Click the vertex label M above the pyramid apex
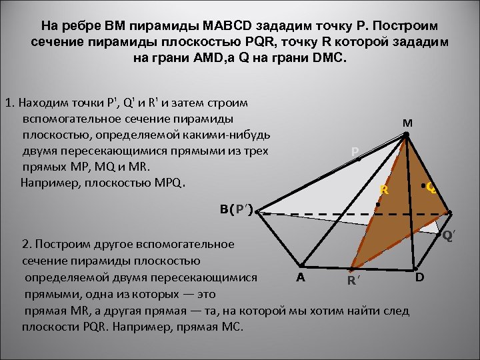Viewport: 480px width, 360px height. click(407, 123)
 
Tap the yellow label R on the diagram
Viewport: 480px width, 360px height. click(384, 191)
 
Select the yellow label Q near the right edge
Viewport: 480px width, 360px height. click(431, 189)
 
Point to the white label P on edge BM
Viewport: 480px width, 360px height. click(355, 152)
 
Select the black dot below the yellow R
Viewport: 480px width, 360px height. click(377, 204)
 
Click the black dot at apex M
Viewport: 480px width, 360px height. click(405, 135)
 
